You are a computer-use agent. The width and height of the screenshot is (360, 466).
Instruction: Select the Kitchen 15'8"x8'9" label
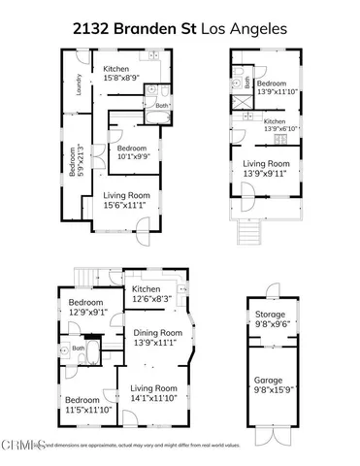point(116,74)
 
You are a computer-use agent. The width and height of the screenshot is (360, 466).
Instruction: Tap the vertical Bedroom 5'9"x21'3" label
point(74,160)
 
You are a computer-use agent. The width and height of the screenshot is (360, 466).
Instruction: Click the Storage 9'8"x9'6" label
point(270,320)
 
